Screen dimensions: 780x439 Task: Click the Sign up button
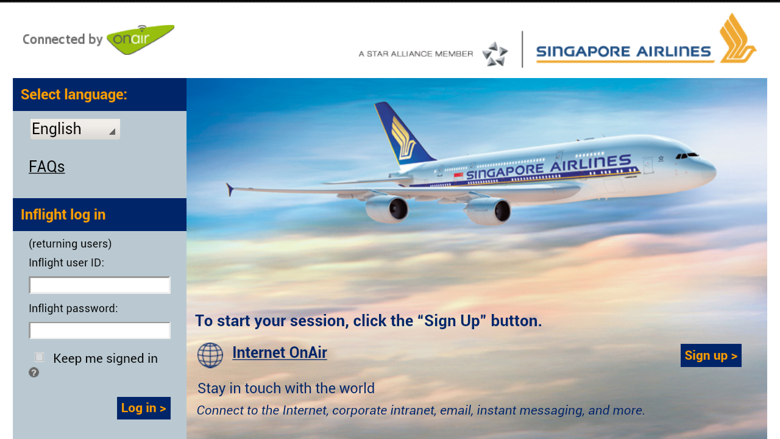711,355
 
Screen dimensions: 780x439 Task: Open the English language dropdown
75,129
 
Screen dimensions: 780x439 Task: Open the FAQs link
47,166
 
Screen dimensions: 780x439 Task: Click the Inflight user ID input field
99,285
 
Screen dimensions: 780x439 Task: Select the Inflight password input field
99,330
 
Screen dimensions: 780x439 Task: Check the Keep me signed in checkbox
40,357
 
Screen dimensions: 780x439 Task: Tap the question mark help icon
34,373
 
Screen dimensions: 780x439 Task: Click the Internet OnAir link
280,352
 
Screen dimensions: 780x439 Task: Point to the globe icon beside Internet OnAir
210,355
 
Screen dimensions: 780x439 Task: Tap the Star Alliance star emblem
495,54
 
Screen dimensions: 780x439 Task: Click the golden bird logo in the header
737,38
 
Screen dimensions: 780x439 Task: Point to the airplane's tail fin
404,134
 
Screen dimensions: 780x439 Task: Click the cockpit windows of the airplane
687,155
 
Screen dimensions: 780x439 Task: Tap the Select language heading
74,95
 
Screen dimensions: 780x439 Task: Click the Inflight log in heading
63,215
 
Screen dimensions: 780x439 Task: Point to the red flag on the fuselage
458,175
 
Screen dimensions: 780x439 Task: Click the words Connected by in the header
63,40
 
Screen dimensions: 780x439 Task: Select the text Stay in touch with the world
286,388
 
